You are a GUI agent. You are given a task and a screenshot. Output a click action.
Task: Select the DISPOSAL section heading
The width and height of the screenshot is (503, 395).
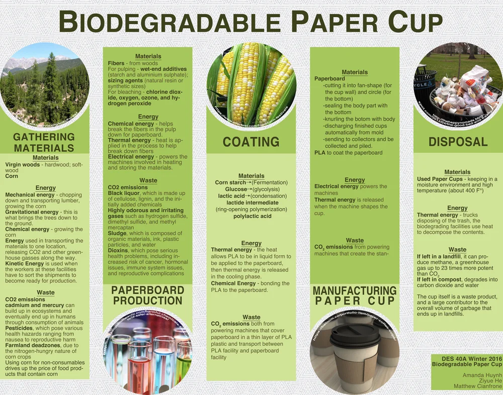point(458,142)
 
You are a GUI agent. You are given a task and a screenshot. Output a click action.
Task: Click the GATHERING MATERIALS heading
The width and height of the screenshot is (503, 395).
point(44,142)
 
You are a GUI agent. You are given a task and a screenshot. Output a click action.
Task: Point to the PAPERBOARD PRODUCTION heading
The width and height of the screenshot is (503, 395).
point(147,295)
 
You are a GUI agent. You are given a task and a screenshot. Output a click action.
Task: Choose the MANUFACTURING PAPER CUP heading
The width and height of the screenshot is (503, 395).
point(355,295)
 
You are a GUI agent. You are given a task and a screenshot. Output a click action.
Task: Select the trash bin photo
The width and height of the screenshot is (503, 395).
point(458,83)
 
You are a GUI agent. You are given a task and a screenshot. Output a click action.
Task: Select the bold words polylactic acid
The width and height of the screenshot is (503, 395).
point(252,216)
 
